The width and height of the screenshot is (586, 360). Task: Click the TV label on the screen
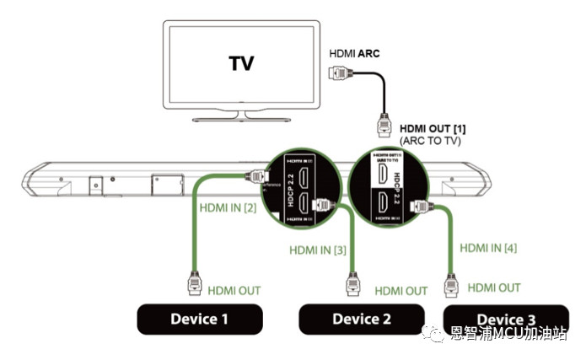pos(242,63)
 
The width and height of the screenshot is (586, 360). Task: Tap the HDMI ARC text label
pos(355,53)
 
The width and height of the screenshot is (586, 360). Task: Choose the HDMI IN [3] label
pos(317,250)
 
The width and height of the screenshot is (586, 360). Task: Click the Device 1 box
pos(200,319)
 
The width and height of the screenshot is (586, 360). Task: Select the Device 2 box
pos(362,319)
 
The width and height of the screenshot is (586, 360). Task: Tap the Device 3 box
pos(506,318)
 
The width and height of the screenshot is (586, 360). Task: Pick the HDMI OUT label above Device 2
pos(401,291)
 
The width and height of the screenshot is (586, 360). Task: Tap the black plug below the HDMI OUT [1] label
pos(383,126)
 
